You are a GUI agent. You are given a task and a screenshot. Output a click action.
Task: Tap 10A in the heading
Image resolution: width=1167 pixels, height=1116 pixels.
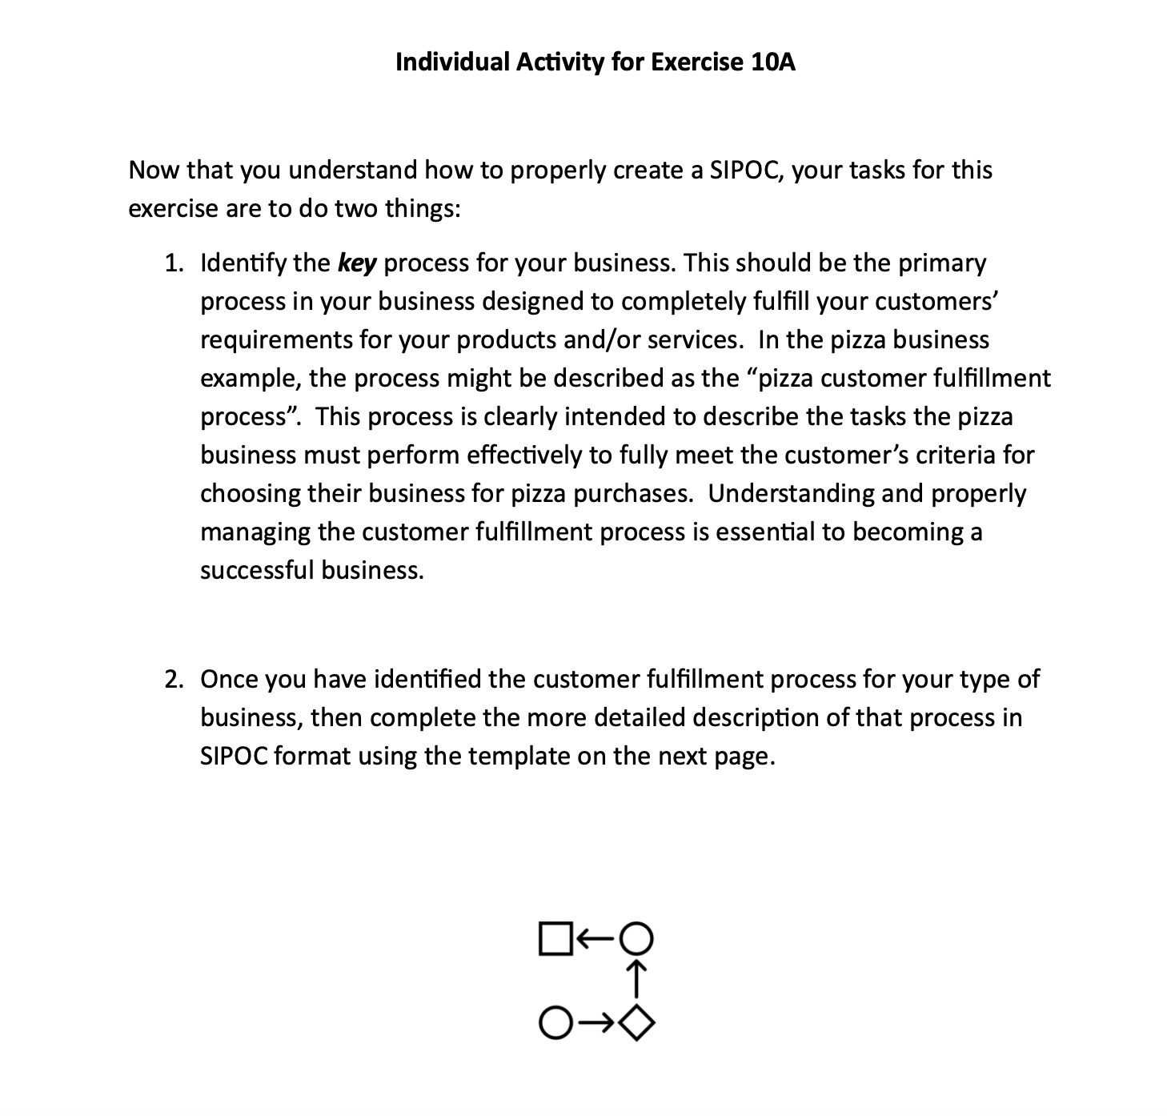click(773, 62)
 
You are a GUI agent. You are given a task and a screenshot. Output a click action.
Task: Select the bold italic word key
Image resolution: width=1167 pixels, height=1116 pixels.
click(357, 263)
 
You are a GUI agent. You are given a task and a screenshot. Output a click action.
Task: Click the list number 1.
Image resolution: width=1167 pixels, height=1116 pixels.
click(173, 263)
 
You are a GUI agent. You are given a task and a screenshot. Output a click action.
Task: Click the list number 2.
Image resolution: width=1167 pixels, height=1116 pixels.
click(173, 680)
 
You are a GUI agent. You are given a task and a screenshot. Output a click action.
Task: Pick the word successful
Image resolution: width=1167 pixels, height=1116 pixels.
click(257, 571)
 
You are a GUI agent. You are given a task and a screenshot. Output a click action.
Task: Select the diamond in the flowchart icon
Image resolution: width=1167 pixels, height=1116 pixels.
click(637, 1022)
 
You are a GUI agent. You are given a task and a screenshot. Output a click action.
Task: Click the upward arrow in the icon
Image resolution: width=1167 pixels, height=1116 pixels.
click(637, 979)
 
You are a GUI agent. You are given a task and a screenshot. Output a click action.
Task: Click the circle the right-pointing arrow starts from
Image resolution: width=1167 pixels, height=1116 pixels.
click(555, 1022)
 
